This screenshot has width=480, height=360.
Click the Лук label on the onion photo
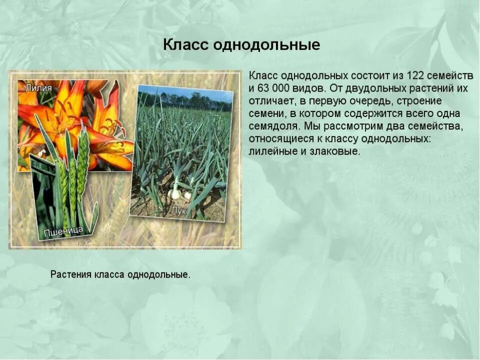(x=178, y=211)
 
